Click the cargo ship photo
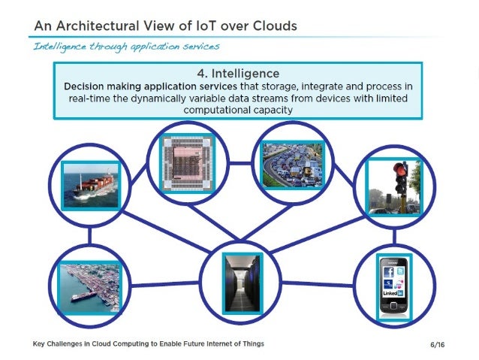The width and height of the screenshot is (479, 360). click(90, 184)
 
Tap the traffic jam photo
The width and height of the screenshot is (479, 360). click(293, 162)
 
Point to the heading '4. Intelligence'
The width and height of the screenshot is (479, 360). click(237, 74)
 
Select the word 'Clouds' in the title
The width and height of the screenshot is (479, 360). click(274, 26)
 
